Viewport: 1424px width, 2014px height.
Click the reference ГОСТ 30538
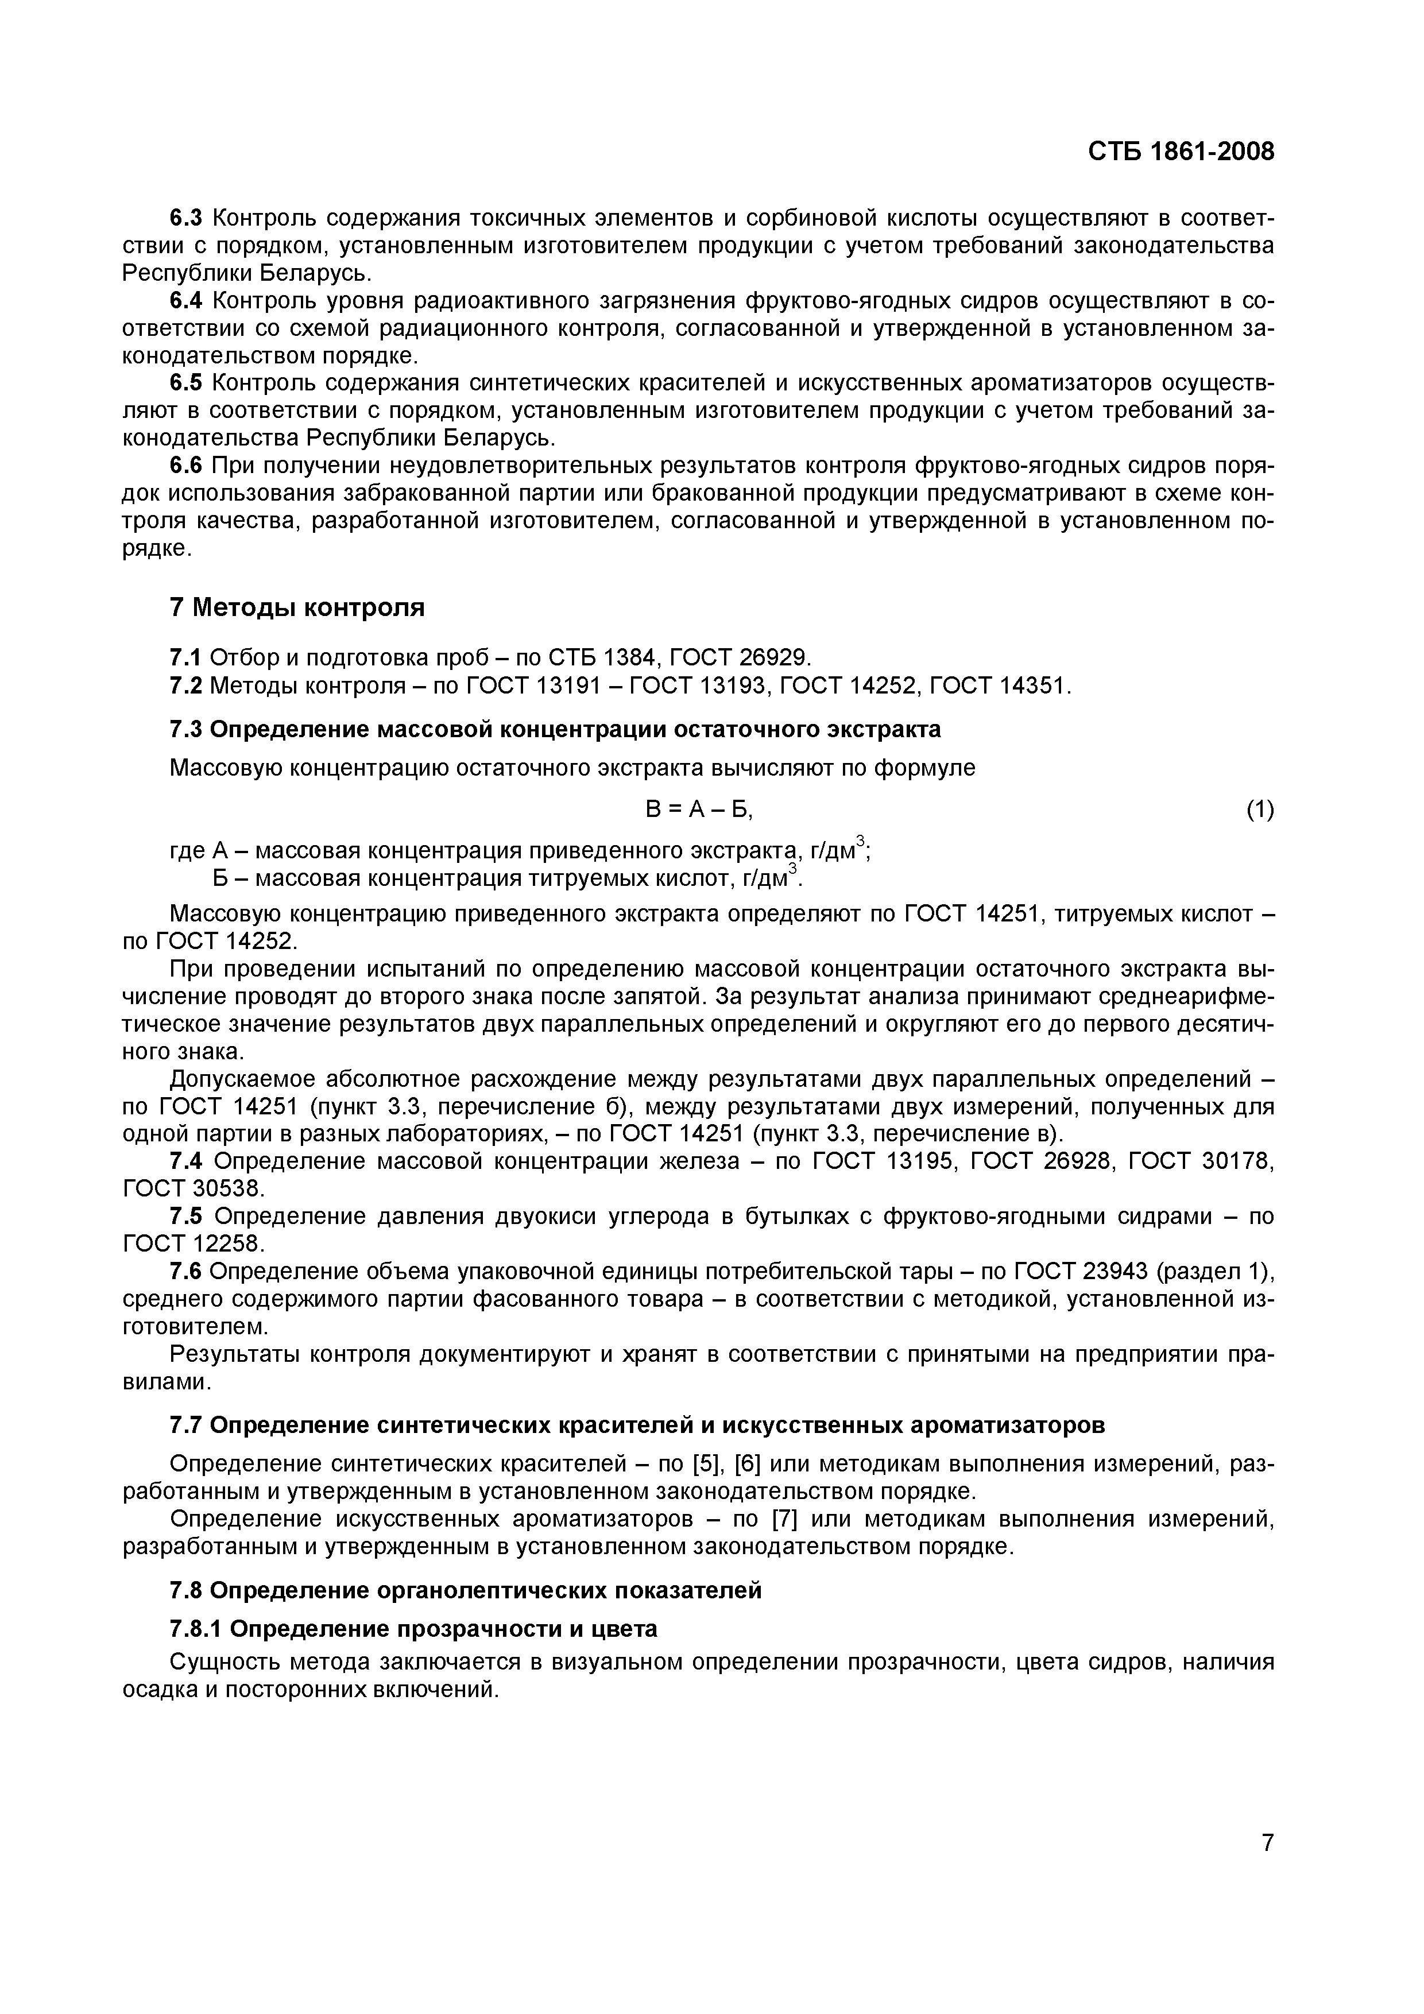(x=193, y=1188)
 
